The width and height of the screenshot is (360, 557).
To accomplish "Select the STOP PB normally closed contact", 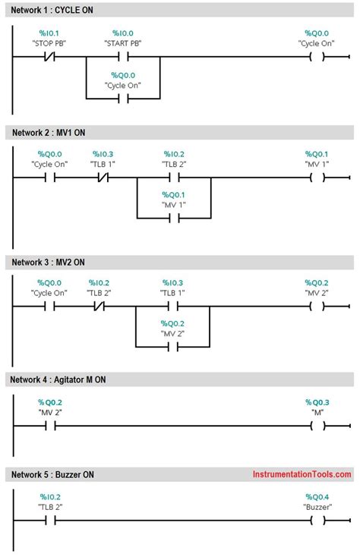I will [50, 56].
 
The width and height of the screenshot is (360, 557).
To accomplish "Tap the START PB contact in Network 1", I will [123, 56].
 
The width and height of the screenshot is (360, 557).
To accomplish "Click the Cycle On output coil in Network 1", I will [318, 56].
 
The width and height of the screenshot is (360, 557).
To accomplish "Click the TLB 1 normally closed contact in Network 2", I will [102, 178].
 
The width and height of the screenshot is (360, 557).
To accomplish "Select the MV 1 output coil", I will [318, 178].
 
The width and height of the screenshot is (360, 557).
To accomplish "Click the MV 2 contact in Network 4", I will [50, 426].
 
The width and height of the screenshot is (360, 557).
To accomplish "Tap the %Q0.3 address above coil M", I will [317, 401].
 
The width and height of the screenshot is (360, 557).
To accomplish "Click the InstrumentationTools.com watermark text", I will [302, 474].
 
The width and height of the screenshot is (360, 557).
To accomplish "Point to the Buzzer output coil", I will [318, 521].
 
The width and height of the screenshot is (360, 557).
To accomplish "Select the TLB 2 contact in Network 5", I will [50, 521].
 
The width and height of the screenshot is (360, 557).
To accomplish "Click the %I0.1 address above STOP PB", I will [50, 33].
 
